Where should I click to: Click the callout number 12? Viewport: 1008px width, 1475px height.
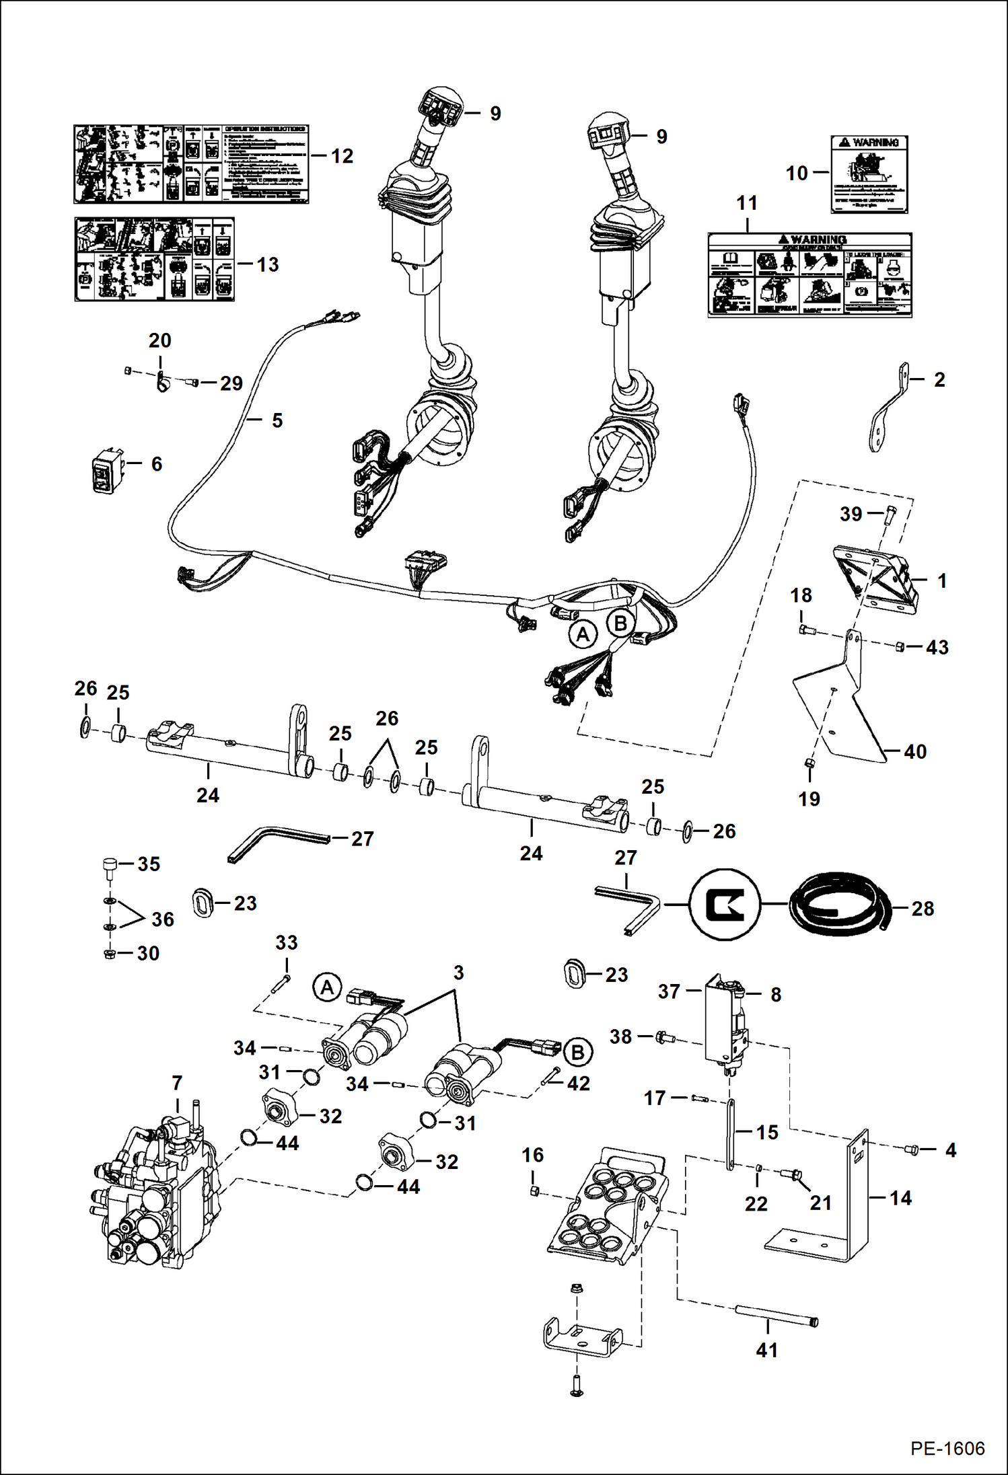point(342,156)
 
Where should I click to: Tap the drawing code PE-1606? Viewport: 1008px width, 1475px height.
point(947,1448)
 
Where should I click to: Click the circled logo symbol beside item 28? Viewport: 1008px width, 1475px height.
point(725,905)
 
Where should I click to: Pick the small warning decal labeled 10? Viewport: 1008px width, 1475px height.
point(869,174)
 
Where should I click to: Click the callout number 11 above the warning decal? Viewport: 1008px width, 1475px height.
point(747,203)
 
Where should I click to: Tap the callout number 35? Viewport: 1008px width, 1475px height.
point(149,864)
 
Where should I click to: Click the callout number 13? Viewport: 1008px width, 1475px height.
point(267,265)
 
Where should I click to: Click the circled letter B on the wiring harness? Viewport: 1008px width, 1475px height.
point(620,623)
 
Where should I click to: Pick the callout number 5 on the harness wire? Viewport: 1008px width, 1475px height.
point(277,420)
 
